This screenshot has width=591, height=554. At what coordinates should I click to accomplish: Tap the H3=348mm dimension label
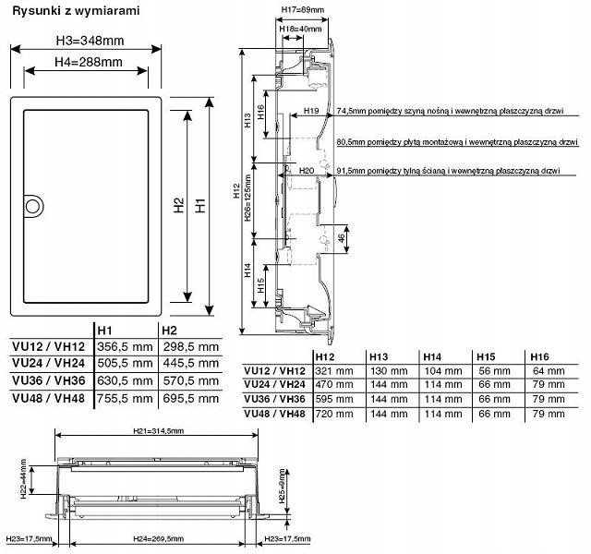tap(90, 41)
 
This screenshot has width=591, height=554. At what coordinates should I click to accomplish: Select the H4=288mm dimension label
tap(87, 62)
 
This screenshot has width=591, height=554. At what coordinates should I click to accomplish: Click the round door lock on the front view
tap(31, 203)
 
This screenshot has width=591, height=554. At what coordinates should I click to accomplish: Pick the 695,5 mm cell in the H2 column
tap(189, 398)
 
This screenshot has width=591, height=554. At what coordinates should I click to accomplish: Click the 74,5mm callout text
tap(449, 110)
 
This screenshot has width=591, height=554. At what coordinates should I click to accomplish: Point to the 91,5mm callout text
tap(449, 171)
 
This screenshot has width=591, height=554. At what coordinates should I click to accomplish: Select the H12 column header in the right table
tap(325, 356)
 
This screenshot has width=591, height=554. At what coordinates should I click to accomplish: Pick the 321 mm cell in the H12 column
tap(334, 370)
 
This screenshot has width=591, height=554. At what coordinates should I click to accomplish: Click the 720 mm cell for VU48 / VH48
tap(334, 413)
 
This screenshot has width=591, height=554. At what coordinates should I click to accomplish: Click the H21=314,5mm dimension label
tap(158, 431)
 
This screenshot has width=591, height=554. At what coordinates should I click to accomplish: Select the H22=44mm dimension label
tap(25, 480)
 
